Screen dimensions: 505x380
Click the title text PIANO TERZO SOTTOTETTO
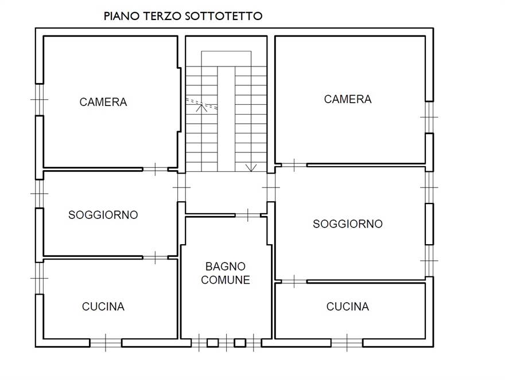pyautogui.click(x=183, y=16)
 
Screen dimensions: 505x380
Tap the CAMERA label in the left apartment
pyautogui.click(x=103, y=102)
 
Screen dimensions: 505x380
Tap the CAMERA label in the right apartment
pyautogui.click(x=348, y=99)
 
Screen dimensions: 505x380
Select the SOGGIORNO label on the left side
pyautogui.click(x=103, y=214)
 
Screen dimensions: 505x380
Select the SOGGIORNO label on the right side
pyautogui.click(x=348, y=224)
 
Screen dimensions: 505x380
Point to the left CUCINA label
pyautogui.click(x=103, y=306)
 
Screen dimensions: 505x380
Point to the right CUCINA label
pyautogui.click(x=348, y=306)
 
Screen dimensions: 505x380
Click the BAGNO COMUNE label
pyautogui.click(x=226, y=273)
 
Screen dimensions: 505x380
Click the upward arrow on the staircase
pyautogui.click(x=201, y=108)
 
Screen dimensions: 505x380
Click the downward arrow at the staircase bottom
pyautogui.click(x=251, y=167)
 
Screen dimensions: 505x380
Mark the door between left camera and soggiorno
pyautogui.click(x=156, y=169)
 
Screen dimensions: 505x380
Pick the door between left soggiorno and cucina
pyautogui.click(x=156, y=257)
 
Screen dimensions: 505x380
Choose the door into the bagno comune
pyautogui.click(x=248, y=215)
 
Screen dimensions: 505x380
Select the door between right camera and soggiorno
pyautogui.click(x=294, y=165)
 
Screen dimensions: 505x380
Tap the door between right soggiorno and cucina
pyautogui.click(x=294, y=281)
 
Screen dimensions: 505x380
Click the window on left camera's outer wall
pyautogui.click(x=39, y=100)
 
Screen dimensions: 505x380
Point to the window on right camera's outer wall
pyautogui.click(x=429, y=117)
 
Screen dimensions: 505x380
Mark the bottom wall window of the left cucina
pyautogui.click(x=106, y=343)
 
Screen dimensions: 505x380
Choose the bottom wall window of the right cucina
pyautogui.click(x=347, y=343)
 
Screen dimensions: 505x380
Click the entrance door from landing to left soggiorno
pyautogui.click(x=182, y=187)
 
